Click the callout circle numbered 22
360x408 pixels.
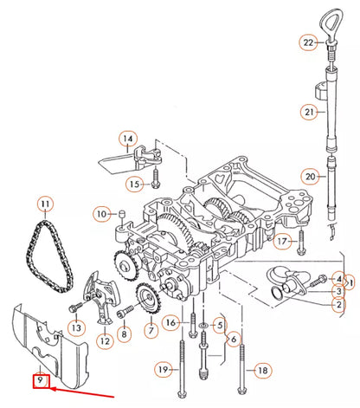pos(308,42)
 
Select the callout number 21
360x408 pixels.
pos(309,112)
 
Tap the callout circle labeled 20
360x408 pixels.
pos(310,177)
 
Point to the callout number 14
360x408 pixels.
pos(128,139)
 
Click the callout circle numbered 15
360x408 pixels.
pos(134,184)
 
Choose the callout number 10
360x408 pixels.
pos(101,213)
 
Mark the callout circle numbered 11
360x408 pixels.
pos(44,205)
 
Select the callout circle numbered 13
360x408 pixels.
pos(75,328)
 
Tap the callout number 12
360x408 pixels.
pos(105,341)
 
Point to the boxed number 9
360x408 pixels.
pos(40,379)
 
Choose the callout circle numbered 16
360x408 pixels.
pos(171,323)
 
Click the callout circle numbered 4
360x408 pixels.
pos(339,279)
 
